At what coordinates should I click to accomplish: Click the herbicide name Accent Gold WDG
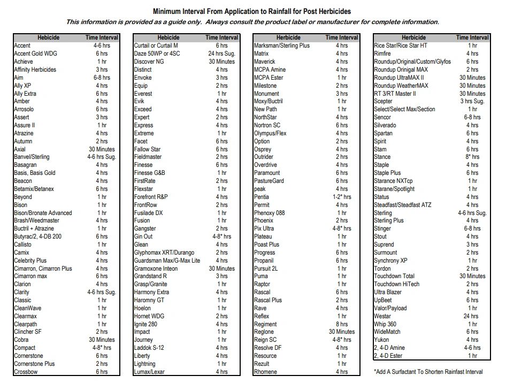pos(35,53)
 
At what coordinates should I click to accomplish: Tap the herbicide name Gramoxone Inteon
pos(156,269)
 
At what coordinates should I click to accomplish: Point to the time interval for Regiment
pos(342,324)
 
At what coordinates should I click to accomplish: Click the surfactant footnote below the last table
pos(428,372)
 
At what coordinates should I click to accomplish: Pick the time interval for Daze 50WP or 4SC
pos(221,53)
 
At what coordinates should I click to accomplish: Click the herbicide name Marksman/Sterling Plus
pos(282,45)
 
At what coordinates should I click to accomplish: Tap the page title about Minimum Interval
pos(252,12)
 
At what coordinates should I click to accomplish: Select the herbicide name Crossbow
pos(26,372)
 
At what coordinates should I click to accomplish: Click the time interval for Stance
pos(472,157)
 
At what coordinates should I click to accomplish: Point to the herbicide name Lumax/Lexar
pos(149,372)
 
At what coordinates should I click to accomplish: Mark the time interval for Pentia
pos(342,197)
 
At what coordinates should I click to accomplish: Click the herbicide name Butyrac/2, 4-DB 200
pos(38,236)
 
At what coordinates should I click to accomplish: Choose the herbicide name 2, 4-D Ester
pos(388,356)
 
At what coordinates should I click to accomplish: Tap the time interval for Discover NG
pos(221,62)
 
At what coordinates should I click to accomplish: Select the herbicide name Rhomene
pos(265,372)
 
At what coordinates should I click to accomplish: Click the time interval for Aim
pos(102,78)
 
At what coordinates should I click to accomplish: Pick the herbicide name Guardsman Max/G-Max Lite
pos(167,260)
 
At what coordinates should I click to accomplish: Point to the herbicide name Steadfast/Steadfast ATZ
pos(403,205)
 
